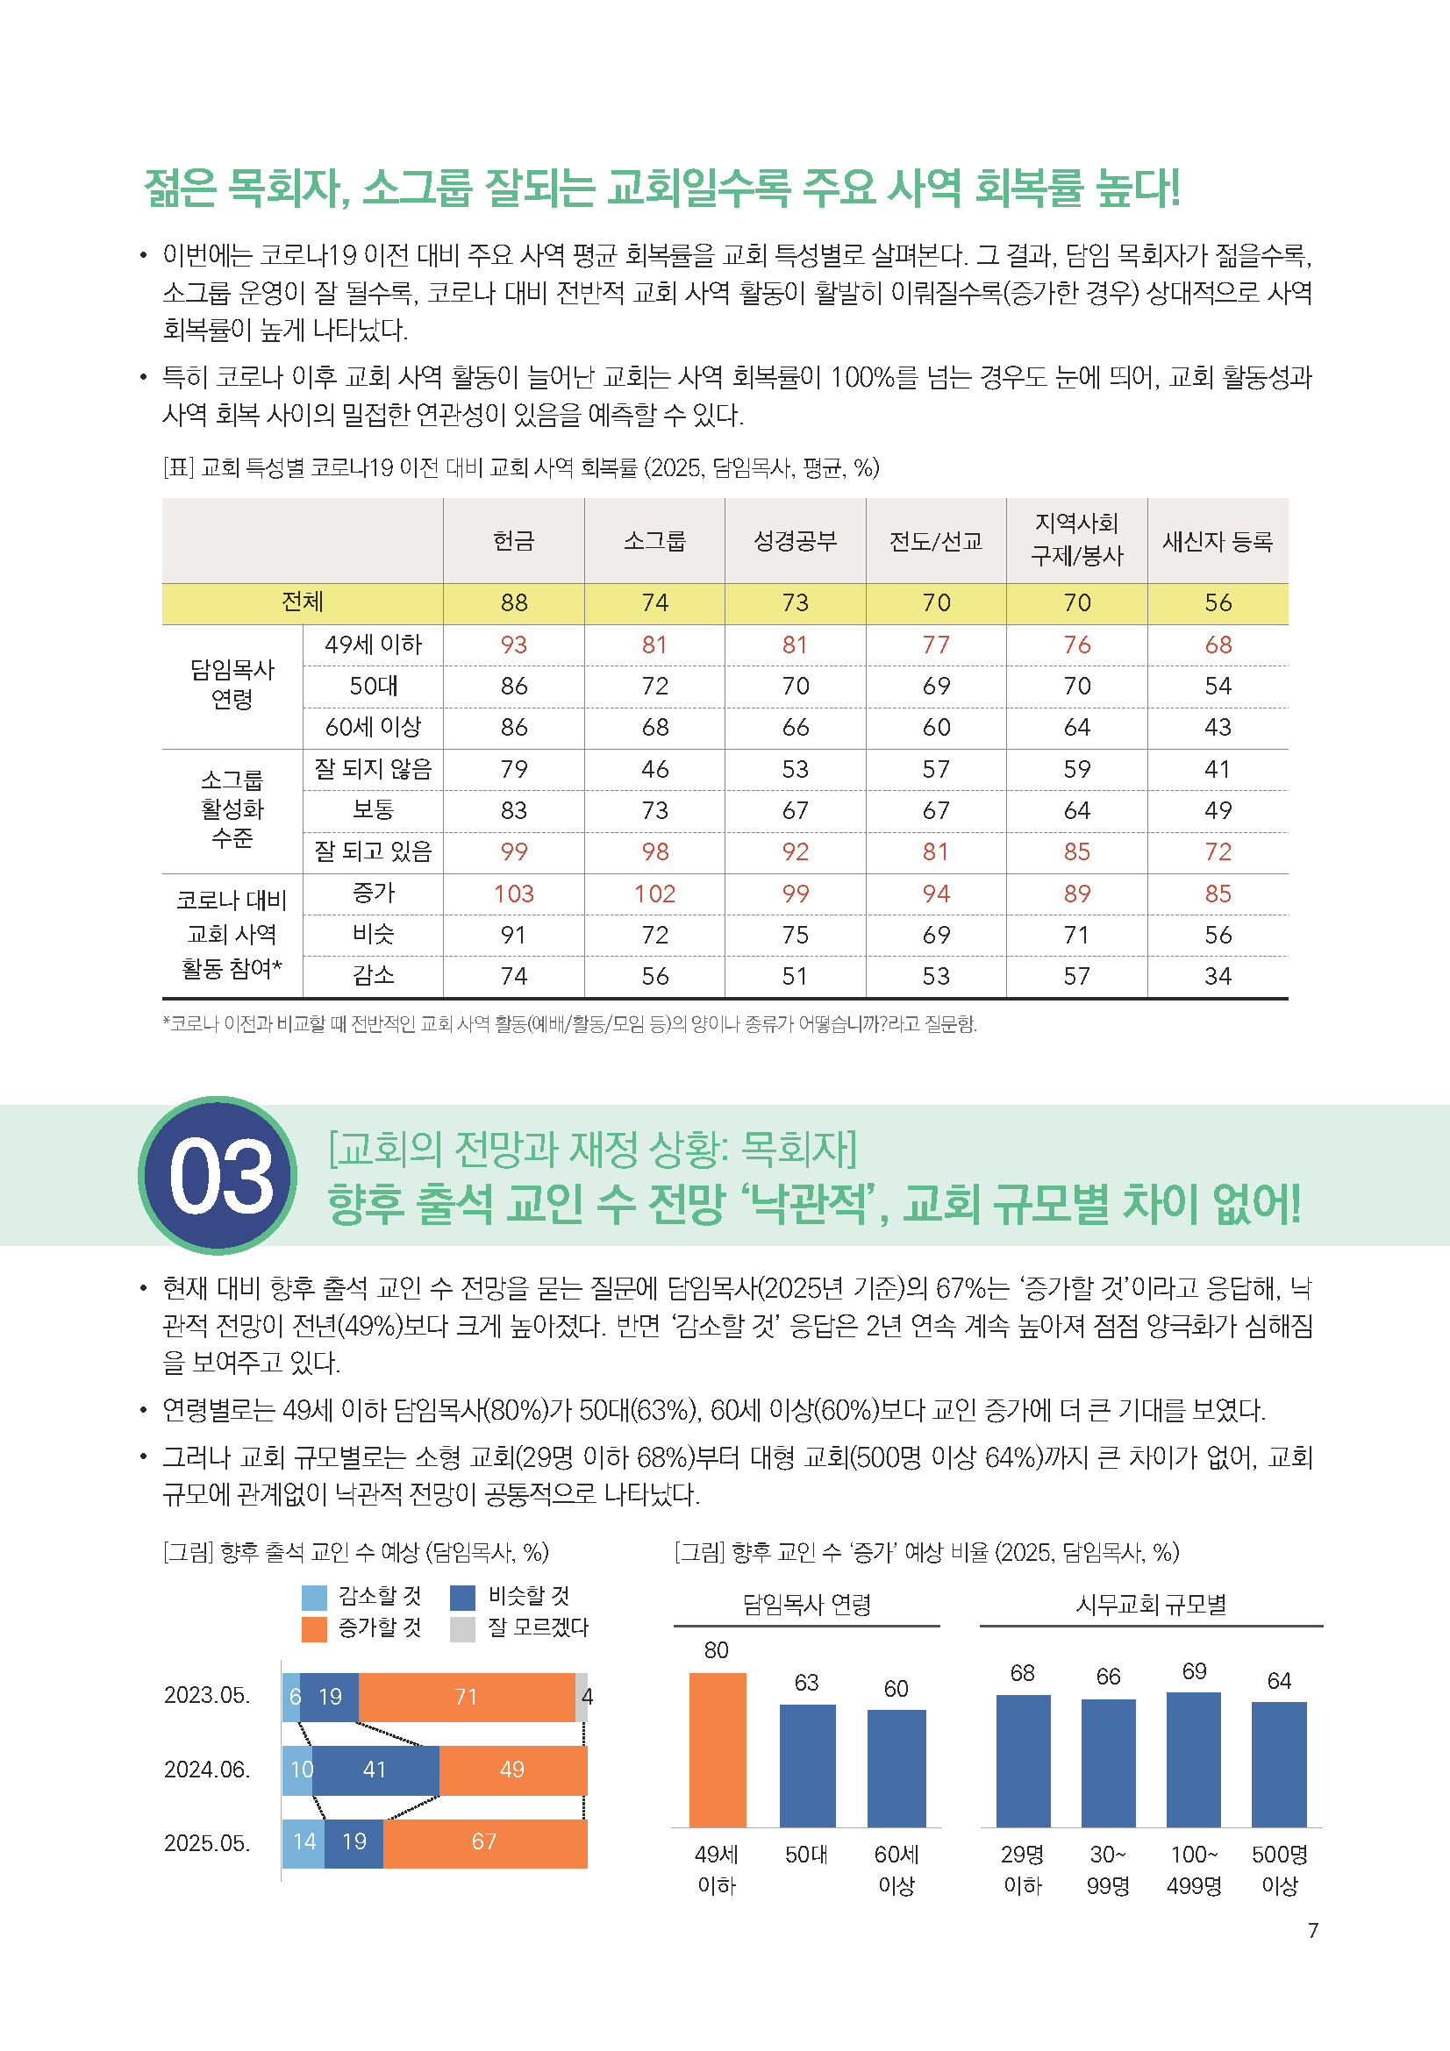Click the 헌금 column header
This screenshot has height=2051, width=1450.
point(514,541)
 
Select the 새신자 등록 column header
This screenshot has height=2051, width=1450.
point(1217,541)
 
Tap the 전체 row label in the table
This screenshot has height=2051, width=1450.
point(302,603)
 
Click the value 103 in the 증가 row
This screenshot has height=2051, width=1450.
point(514,894)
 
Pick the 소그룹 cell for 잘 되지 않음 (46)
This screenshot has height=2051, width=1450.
point(655,769)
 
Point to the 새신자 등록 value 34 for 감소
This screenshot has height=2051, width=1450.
point(1217,976)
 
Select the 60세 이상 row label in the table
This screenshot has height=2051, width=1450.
point(373,727)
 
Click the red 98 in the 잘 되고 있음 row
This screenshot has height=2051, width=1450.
point(655,852)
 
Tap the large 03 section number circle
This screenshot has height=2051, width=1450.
point(219,1176)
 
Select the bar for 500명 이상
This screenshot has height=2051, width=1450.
point(1278,1764)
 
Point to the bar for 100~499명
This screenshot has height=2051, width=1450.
point(1194,1759)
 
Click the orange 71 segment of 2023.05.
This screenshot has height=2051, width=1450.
point(467,1698)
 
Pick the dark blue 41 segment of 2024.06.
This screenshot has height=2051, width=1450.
point(375,1770)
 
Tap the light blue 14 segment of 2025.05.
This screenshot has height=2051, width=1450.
point(304,1842)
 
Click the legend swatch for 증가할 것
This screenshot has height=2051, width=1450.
point(315,1628)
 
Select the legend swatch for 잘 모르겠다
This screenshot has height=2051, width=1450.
point(463,1628)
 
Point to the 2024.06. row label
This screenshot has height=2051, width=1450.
point(207,1770)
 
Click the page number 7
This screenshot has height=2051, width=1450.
point(1312,1931)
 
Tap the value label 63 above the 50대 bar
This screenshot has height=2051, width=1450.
point(807,1683)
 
